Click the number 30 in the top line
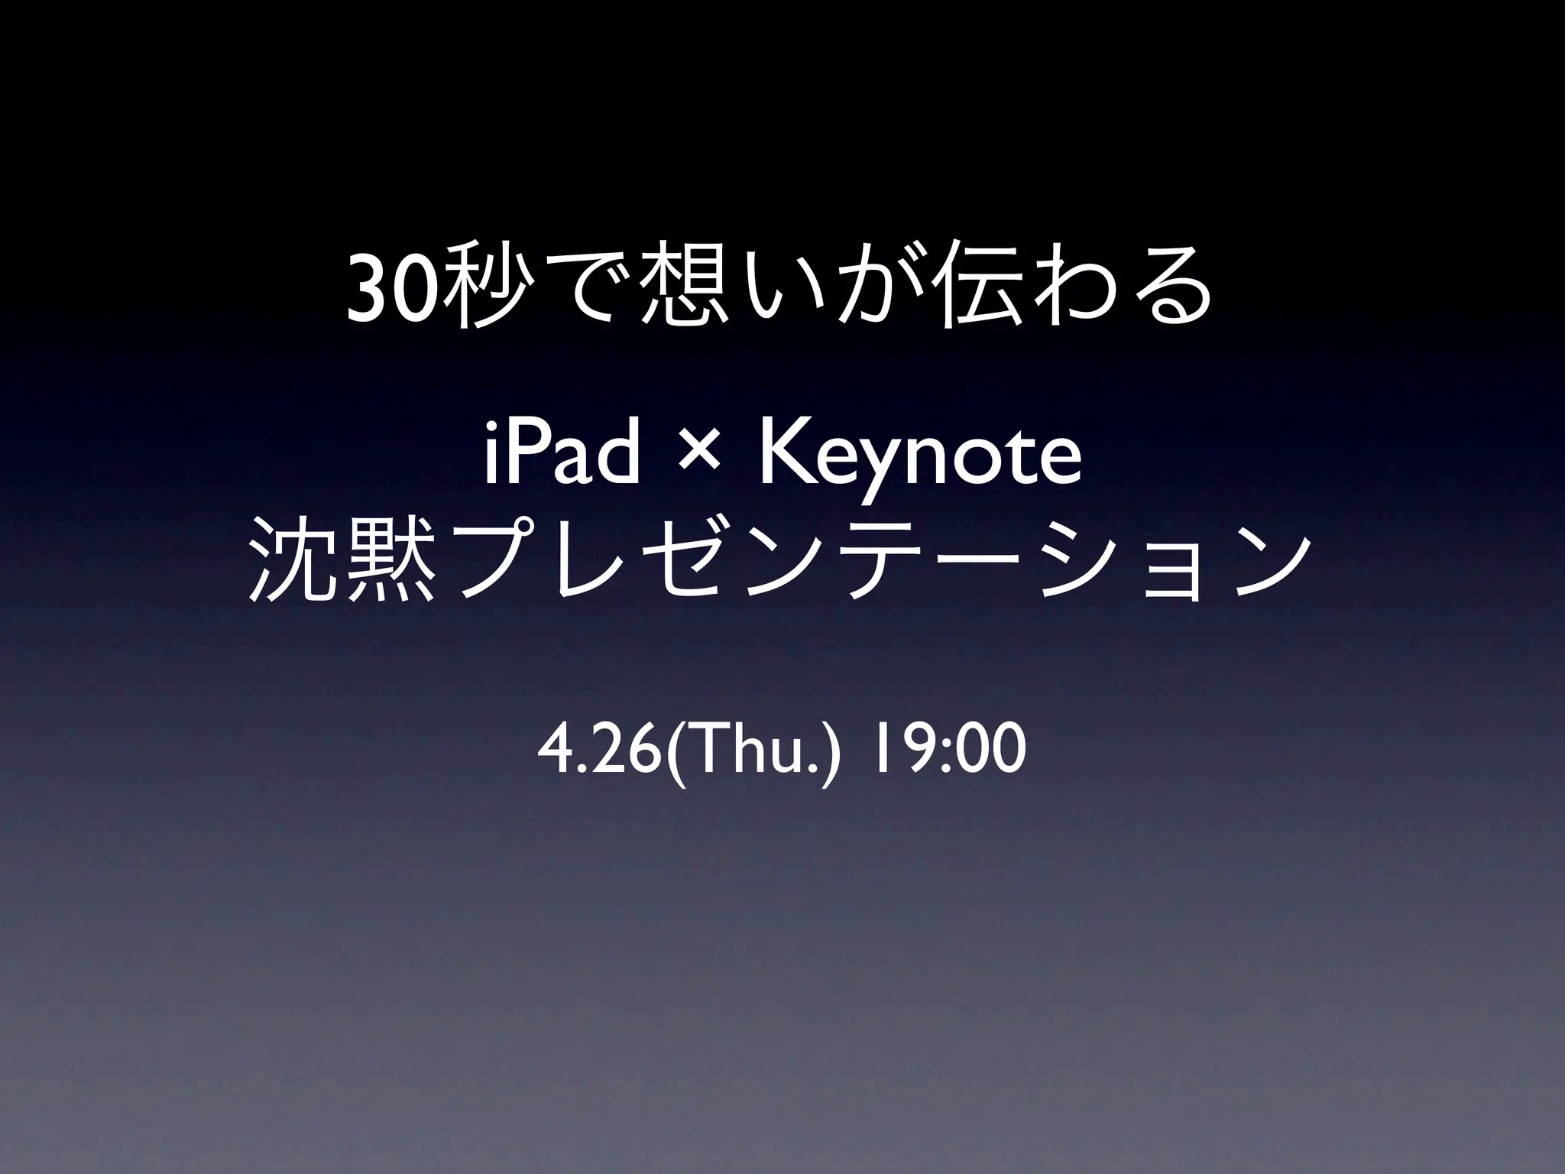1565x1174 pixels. click(x=394, y=294)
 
